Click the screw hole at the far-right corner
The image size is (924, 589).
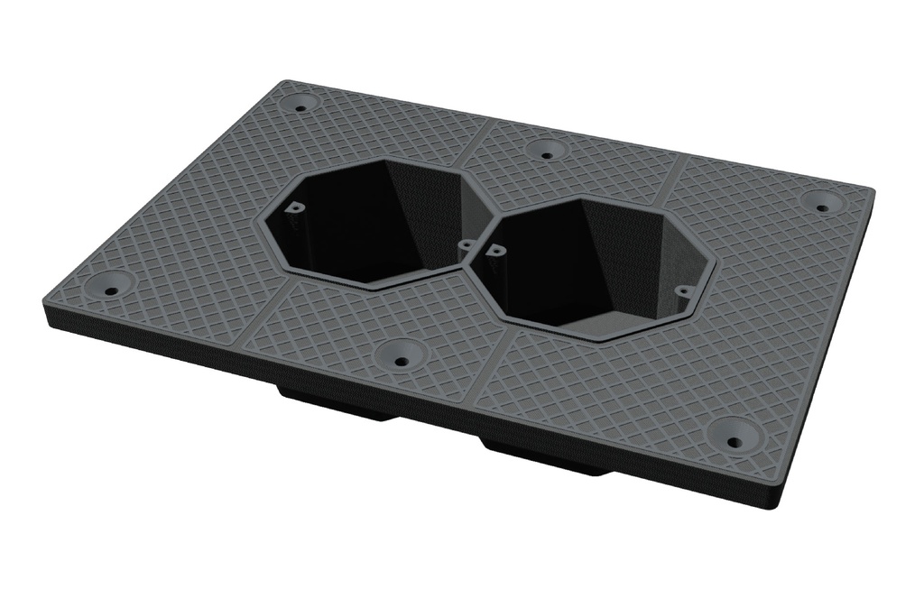coord(822,207)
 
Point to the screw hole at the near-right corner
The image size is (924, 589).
coord(733,443)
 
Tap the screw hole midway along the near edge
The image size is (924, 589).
coord(400,361)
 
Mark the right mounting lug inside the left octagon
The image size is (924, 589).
coord(466,243)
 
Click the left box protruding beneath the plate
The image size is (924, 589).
coord(334,407)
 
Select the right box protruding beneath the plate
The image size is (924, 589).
coord(541,456)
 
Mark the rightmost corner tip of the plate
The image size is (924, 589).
coord(873,191)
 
